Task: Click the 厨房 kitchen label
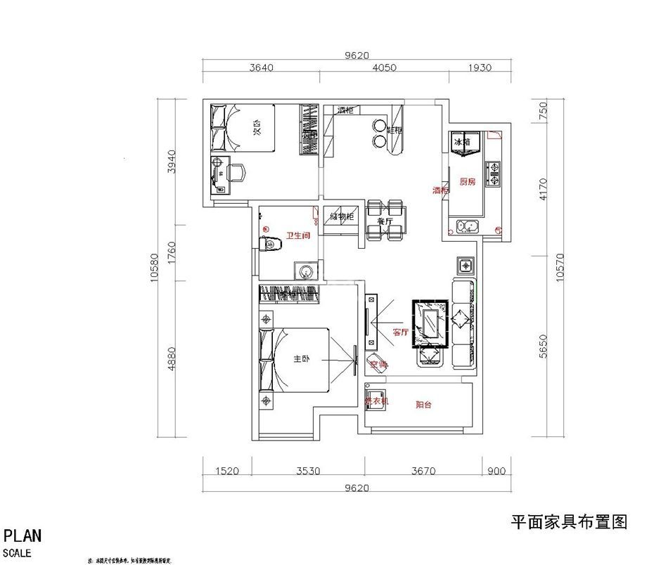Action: (468, 181)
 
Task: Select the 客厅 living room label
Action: (400, 332)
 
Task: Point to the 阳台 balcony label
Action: (423, 403)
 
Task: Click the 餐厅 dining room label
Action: (385, 222)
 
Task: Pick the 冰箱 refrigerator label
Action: (461, 142)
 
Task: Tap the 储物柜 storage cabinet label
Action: (342, 216)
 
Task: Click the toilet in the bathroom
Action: (270, 245)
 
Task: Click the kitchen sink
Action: (466, 226)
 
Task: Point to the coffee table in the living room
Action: (428, 324)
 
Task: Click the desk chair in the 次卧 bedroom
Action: (237, 171)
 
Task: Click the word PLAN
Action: (23, 535)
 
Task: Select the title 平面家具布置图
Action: (568, 522)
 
